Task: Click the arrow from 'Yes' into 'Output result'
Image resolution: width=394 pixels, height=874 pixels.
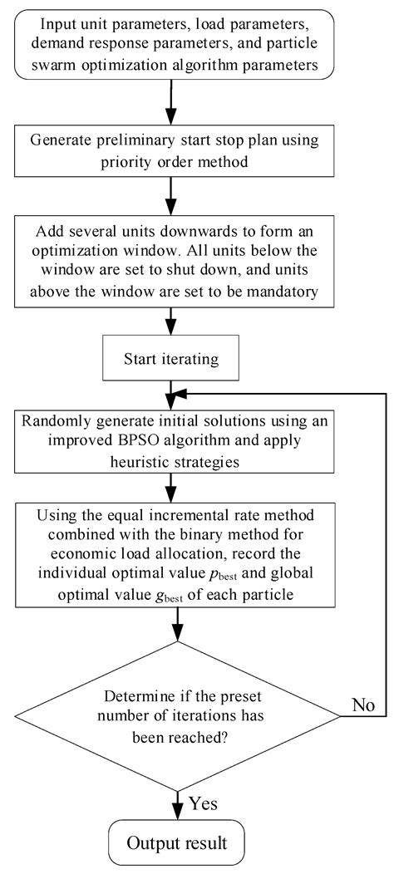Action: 177,799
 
